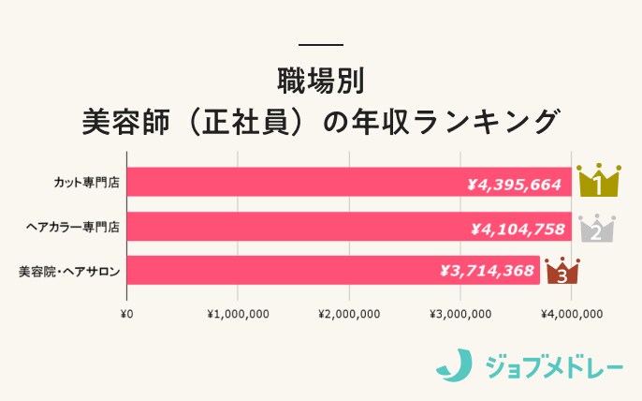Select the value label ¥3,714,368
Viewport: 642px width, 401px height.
487,271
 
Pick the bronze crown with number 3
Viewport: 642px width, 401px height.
562,272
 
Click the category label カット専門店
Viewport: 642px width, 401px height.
86,182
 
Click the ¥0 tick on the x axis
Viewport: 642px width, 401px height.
127,313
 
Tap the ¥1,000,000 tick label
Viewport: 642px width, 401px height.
238,313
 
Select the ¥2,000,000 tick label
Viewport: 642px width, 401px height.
349,313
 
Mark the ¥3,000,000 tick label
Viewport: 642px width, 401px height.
460,313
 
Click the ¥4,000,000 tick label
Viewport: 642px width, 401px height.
571,313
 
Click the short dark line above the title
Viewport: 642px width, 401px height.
321,45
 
